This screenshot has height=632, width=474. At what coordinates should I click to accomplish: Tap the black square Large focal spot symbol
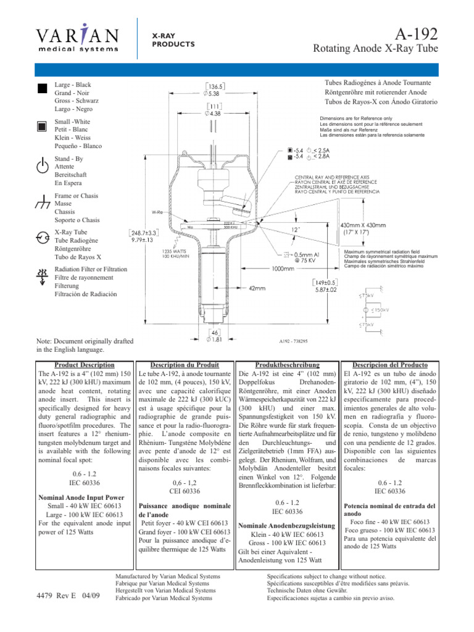pyautogui.click(x=42, y=88)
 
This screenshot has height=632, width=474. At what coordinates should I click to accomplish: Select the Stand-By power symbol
pyautogui.click(x=42, y=166)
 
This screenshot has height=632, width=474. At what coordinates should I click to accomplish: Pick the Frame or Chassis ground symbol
pyautogui.click(x=42, y=202)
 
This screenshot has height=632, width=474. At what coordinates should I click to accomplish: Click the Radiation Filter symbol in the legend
pyautogui.click(x=42, y=277)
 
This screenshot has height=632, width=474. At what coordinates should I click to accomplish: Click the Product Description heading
pyautogui.click(x=84, y=365)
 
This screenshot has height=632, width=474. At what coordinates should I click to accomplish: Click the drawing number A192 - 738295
pyautogui.click(x=289, y=340)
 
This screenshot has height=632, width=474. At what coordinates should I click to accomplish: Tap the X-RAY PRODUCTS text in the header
pyautogui.click(x=173, y=40)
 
